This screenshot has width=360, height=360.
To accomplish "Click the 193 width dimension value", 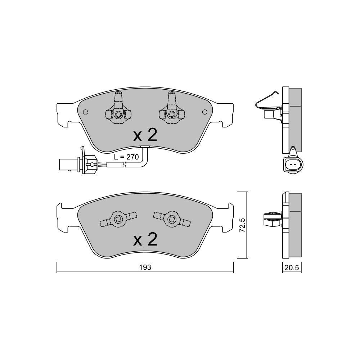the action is [145, 267].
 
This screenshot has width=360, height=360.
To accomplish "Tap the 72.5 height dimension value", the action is [242, 225].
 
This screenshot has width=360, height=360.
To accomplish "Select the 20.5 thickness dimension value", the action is [292, 268].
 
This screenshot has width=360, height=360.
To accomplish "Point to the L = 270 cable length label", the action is [126, 157].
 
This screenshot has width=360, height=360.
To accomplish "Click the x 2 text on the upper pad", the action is [145, 135].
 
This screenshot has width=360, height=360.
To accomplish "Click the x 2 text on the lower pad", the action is [145, 239].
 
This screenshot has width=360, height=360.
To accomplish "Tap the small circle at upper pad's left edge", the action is [85, 112].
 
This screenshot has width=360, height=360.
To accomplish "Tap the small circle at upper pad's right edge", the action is [204, 112].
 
